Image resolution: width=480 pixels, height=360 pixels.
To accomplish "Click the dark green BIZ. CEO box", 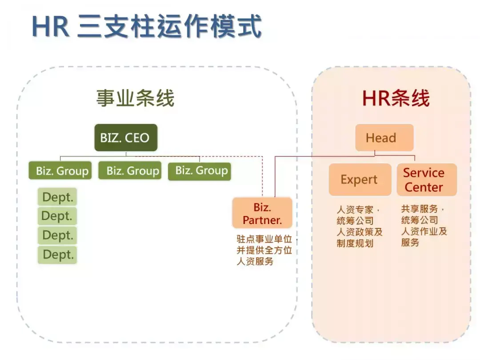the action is [x=126, y=137].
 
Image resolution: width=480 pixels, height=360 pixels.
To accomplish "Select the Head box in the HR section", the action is [x=384, y=137].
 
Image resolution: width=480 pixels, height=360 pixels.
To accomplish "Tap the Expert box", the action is [x=360, y=180].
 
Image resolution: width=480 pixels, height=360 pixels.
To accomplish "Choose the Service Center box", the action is [x=427, y=180].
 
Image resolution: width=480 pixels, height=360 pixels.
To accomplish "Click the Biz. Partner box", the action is [x=262, y=213].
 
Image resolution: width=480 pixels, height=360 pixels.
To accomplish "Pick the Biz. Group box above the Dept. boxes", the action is [x=60, y=170].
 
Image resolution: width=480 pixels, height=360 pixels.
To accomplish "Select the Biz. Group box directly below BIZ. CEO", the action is [x=130, y=170].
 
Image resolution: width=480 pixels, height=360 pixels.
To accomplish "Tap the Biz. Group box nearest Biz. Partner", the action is [x=200, y=171].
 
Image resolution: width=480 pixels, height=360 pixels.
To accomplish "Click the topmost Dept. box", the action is [x=57, y=196].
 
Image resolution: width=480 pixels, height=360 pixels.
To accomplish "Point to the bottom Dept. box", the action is [x=57, y=255].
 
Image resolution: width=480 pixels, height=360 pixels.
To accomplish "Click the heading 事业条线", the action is [x=135, y=98].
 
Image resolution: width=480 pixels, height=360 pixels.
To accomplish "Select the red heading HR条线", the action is [x=396, y=98].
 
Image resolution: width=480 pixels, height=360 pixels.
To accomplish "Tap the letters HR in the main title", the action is [x=51, y=27].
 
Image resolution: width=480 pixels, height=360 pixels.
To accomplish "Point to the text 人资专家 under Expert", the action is [x=355, y=210].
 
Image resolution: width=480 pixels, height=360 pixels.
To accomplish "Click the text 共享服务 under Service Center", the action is [x=420, y=209].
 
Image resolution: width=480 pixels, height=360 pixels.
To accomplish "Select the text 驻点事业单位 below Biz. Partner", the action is [x=264, y=239].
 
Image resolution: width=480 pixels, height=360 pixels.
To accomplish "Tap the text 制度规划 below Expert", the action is [x=355, y=244].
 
